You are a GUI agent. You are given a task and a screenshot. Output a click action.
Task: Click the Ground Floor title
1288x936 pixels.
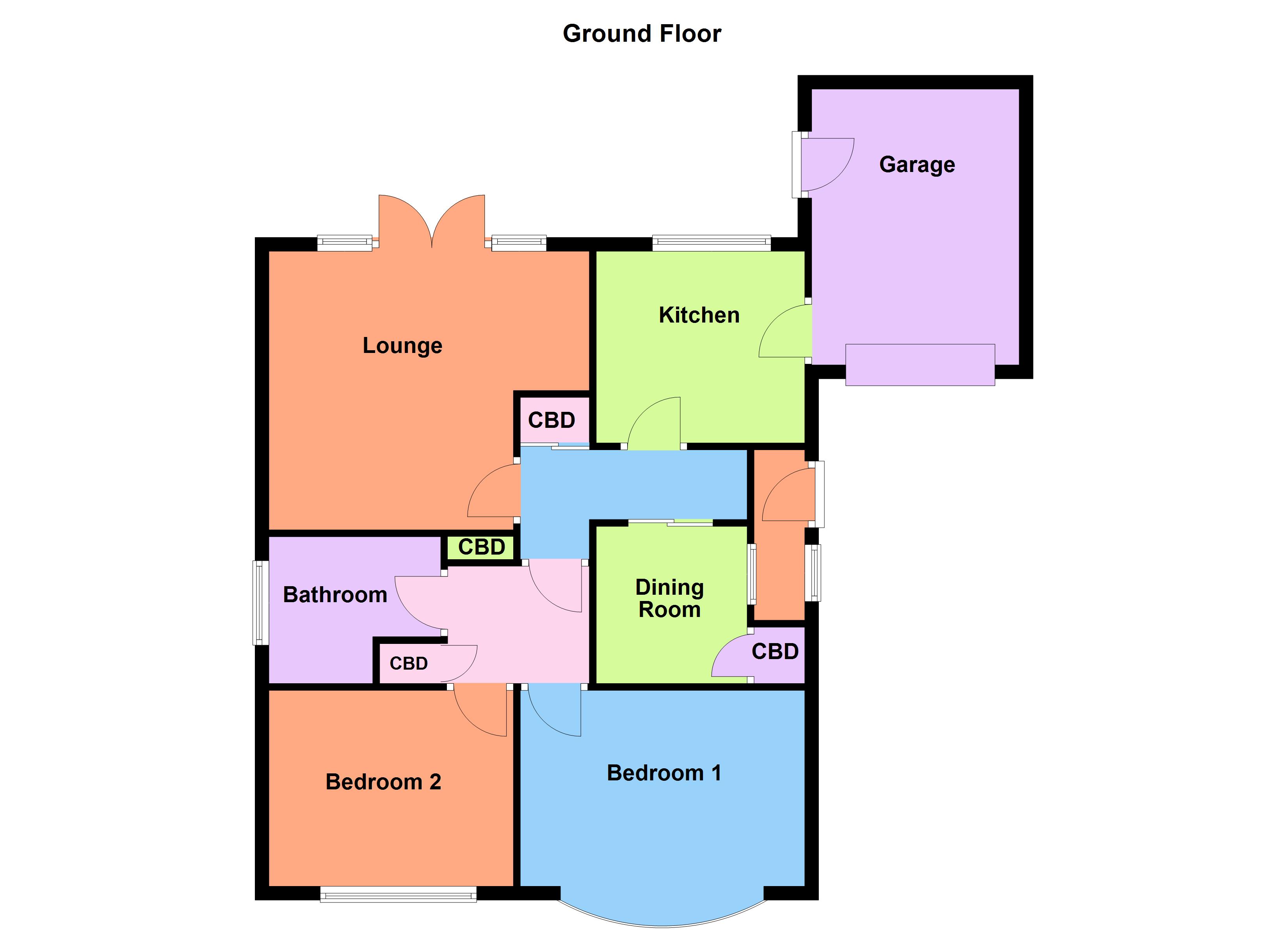click(x=642, y=34)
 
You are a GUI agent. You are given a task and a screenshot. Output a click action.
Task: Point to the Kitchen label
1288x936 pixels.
click(x=699, y=315)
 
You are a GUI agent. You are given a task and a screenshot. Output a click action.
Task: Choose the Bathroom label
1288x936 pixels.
click(x=335, y=595)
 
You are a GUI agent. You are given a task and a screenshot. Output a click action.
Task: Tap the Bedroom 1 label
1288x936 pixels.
click(x=664, y=773)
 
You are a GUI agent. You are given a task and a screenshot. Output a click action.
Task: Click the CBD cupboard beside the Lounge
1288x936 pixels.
click(x=551, y=420)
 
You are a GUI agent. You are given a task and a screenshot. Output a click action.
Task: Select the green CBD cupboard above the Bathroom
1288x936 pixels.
click(x=482, y=547)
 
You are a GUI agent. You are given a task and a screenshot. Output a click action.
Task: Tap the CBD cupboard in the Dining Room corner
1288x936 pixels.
click(x=775, y=652)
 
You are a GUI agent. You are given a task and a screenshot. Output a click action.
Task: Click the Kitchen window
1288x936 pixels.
click(x=711, y=243)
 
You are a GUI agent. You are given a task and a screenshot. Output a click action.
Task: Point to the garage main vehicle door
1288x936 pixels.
click(x=920, y=365)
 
